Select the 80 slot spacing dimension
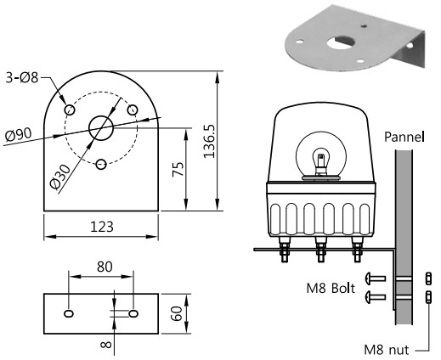(104, 267)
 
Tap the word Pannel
(404, 136)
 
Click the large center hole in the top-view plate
(101, 127)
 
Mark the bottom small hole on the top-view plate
(101, 164)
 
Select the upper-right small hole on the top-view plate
(133, 109)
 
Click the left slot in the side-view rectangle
(69, 314)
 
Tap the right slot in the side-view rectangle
(133, 314)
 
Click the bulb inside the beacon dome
(320, 160)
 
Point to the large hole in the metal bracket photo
(344, 39)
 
